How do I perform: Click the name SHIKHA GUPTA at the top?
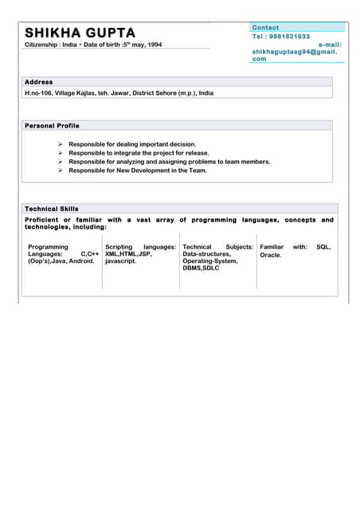point(80,33)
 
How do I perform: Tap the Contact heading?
point(265,28)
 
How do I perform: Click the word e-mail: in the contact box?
point(329,45)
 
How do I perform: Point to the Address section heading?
point(38,82)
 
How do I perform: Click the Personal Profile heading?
point(52,126)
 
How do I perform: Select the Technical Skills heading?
point(52,209)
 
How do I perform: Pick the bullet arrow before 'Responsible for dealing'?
point(61,144)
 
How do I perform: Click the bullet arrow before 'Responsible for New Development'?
point(61,171)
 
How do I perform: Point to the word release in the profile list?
point(196,153)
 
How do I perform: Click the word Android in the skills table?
point(81,261)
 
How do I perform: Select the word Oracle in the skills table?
point(271,255)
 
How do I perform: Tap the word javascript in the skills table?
point(121,261)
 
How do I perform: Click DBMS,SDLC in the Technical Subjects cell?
point(201,269)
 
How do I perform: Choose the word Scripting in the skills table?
point(119,247)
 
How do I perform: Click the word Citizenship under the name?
point(42,45)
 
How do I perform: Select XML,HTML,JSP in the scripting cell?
point(128,253)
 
